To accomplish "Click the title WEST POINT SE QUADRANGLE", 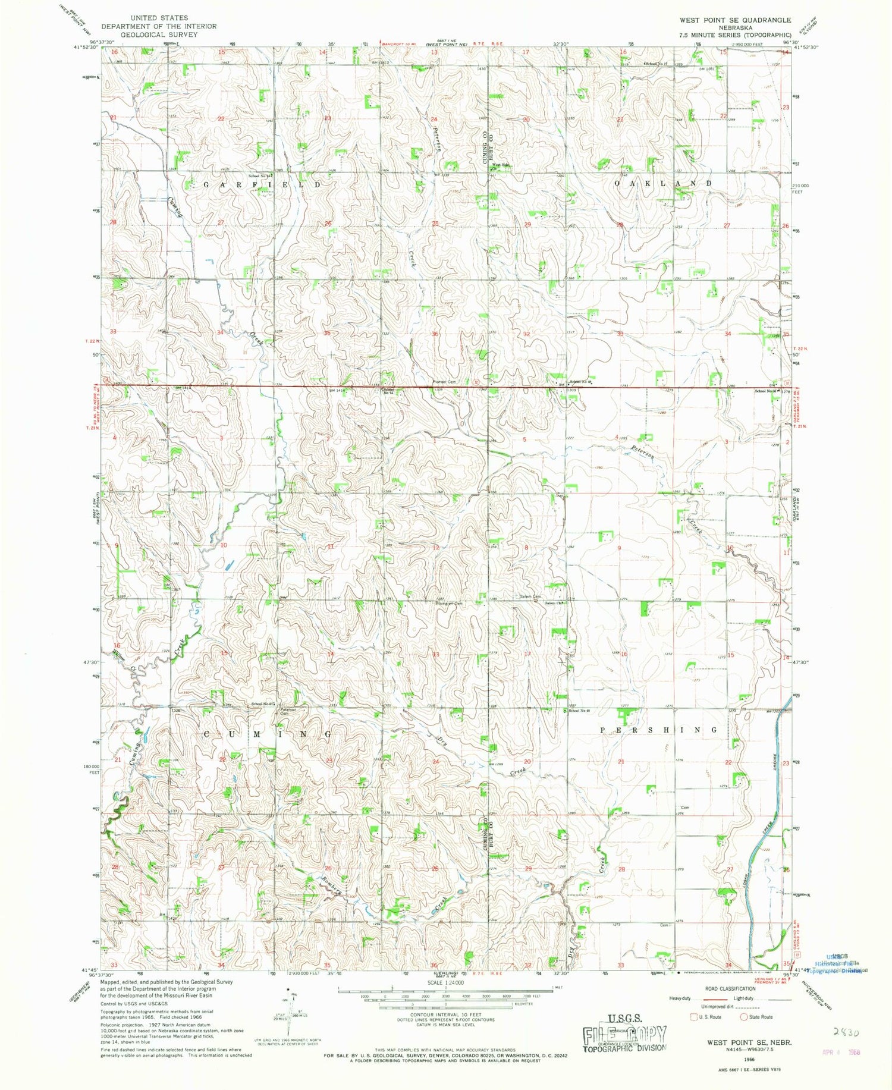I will coord(735,20).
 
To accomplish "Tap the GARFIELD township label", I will coord(262,185).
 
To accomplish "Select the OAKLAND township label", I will coord(662,183).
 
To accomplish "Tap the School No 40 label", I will coord(579,711).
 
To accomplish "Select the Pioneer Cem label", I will coord(444,382).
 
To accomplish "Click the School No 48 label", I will coord(581,382).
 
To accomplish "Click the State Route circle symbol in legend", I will coord(743,1017).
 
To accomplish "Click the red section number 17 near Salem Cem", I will coord(527,654).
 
